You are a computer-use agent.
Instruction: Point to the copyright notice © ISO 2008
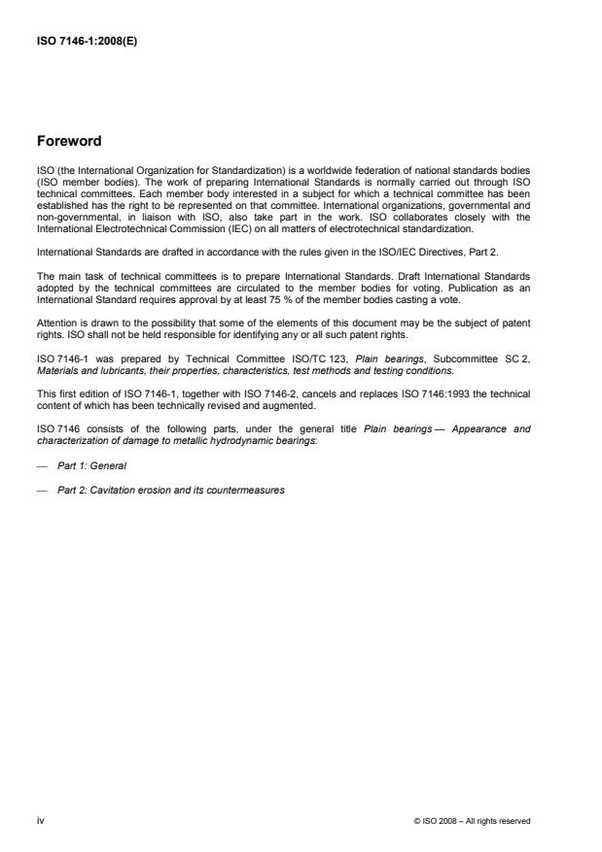pyautogui.click(x=472, y=821)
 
